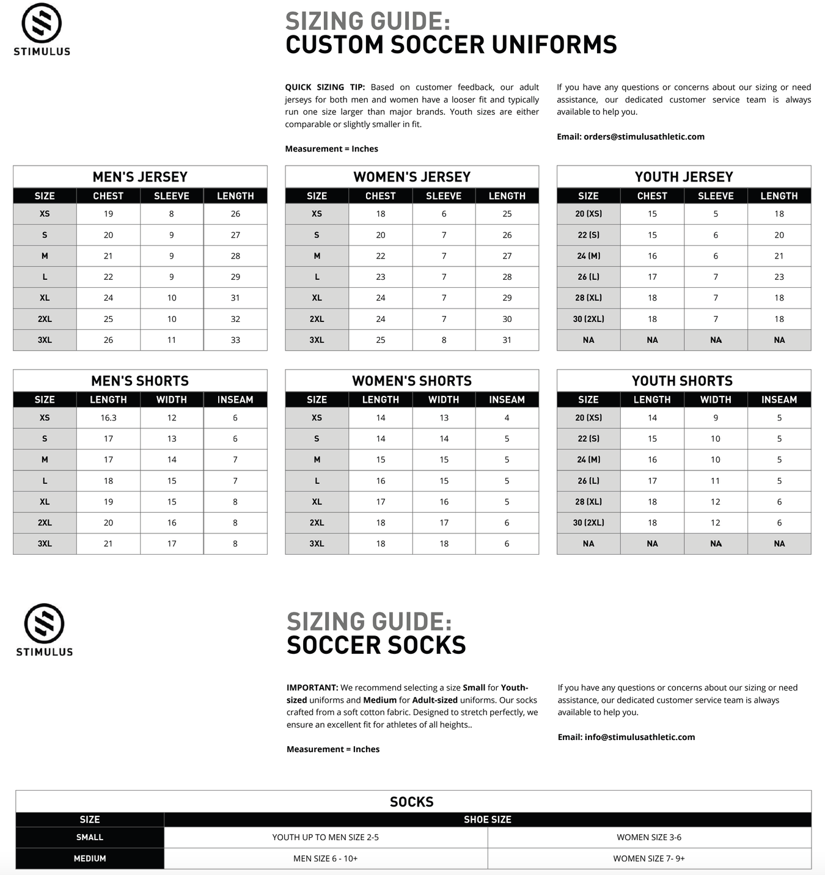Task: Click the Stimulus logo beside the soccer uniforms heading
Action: (42, 29)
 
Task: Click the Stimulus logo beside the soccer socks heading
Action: (44, 629)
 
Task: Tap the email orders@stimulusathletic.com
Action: (643, 136)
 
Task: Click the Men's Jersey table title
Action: (140, 177)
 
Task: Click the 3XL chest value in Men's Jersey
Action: (108, 340)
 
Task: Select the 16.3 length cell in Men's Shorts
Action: (108, 418)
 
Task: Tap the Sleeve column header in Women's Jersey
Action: (444, 196)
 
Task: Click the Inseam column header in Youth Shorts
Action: (779, 400)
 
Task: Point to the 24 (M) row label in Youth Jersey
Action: (588, 256)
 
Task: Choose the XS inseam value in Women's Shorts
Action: (507, 418)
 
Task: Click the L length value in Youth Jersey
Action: (779, 277)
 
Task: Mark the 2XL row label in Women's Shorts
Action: (317, 522)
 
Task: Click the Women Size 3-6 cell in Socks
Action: (649, 837)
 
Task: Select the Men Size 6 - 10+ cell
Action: (325, 859)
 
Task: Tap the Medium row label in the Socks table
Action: (90, 859)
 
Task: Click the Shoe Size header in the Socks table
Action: (487, 819)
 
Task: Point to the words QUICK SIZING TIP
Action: (324, 87)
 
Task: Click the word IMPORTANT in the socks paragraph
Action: (312, 687)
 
